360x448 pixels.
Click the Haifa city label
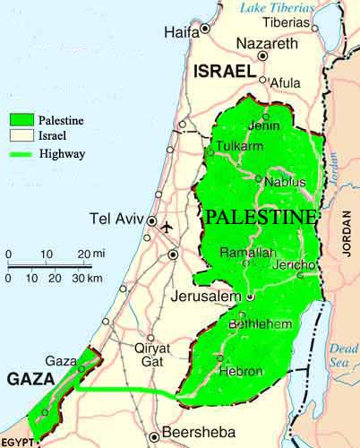click(181, 32)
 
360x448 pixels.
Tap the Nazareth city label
click(266, 43)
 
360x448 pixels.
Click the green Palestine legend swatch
click(21, 117)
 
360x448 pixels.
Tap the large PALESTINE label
click(261, 218)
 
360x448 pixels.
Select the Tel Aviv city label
click(116, 220)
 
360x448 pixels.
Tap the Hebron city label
click(244, 371)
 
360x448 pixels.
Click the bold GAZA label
click(30, 380)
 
